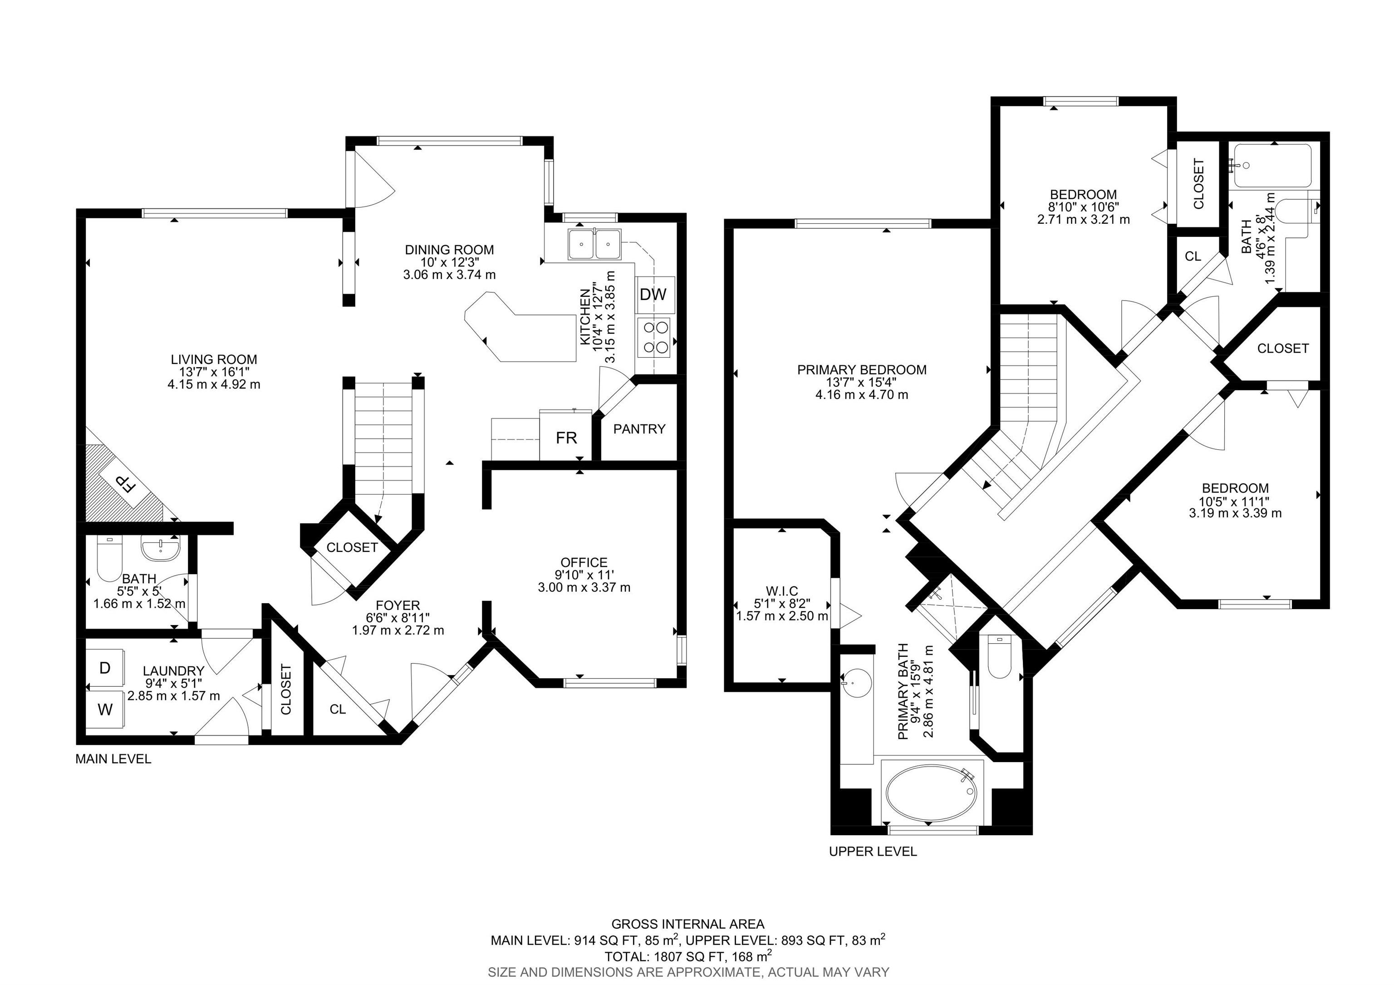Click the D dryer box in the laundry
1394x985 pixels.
(105, 668)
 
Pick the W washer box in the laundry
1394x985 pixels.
(105, 709)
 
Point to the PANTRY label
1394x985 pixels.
(639, 429)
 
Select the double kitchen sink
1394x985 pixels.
(594, 245)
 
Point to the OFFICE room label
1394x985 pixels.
(584, 562)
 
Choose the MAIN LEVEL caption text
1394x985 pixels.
(113, 759)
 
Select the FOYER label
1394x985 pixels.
(398, 605)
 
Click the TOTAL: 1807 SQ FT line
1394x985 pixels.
(688, 956)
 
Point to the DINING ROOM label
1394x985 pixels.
(449, 250)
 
